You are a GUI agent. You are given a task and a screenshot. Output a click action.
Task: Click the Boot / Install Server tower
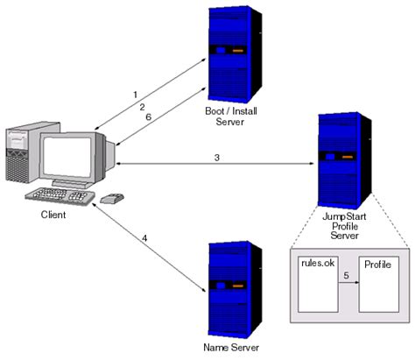pyautogui.click(x=232, y=52)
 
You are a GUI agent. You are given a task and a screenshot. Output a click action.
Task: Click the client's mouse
pyautogui.click(x=111, y=200)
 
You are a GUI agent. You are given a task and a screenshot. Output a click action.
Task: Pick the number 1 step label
pyautogui.click(x=135, y=94)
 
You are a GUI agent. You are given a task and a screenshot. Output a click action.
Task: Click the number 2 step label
pyautogui.click(x=141, y=106)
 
